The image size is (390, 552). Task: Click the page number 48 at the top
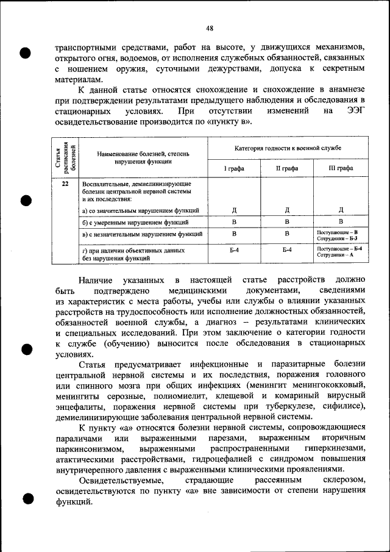point(209,28)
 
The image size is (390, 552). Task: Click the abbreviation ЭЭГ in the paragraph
point(356,112)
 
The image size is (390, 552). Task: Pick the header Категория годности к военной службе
point(288,148)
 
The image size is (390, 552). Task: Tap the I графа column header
point(234,168)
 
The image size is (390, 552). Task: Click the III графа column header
point(341,168)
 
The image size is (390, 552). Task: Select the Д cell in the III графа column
point(341,210)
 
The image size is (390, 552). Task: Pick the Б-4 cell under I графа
point(234,251)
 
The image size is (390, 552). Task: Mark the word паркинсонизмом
point(91,448)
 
